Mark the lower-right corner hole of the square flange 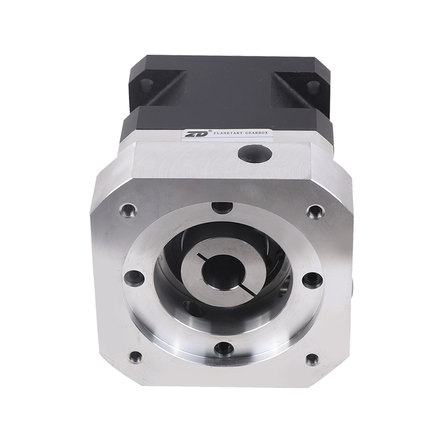(312, 358)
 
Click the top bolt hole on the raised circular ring (223, 208)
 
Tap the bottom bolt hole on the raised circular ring (224, 348)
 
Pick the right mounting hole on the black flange (313, 86)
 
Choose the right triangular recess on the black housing (289, 89)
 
